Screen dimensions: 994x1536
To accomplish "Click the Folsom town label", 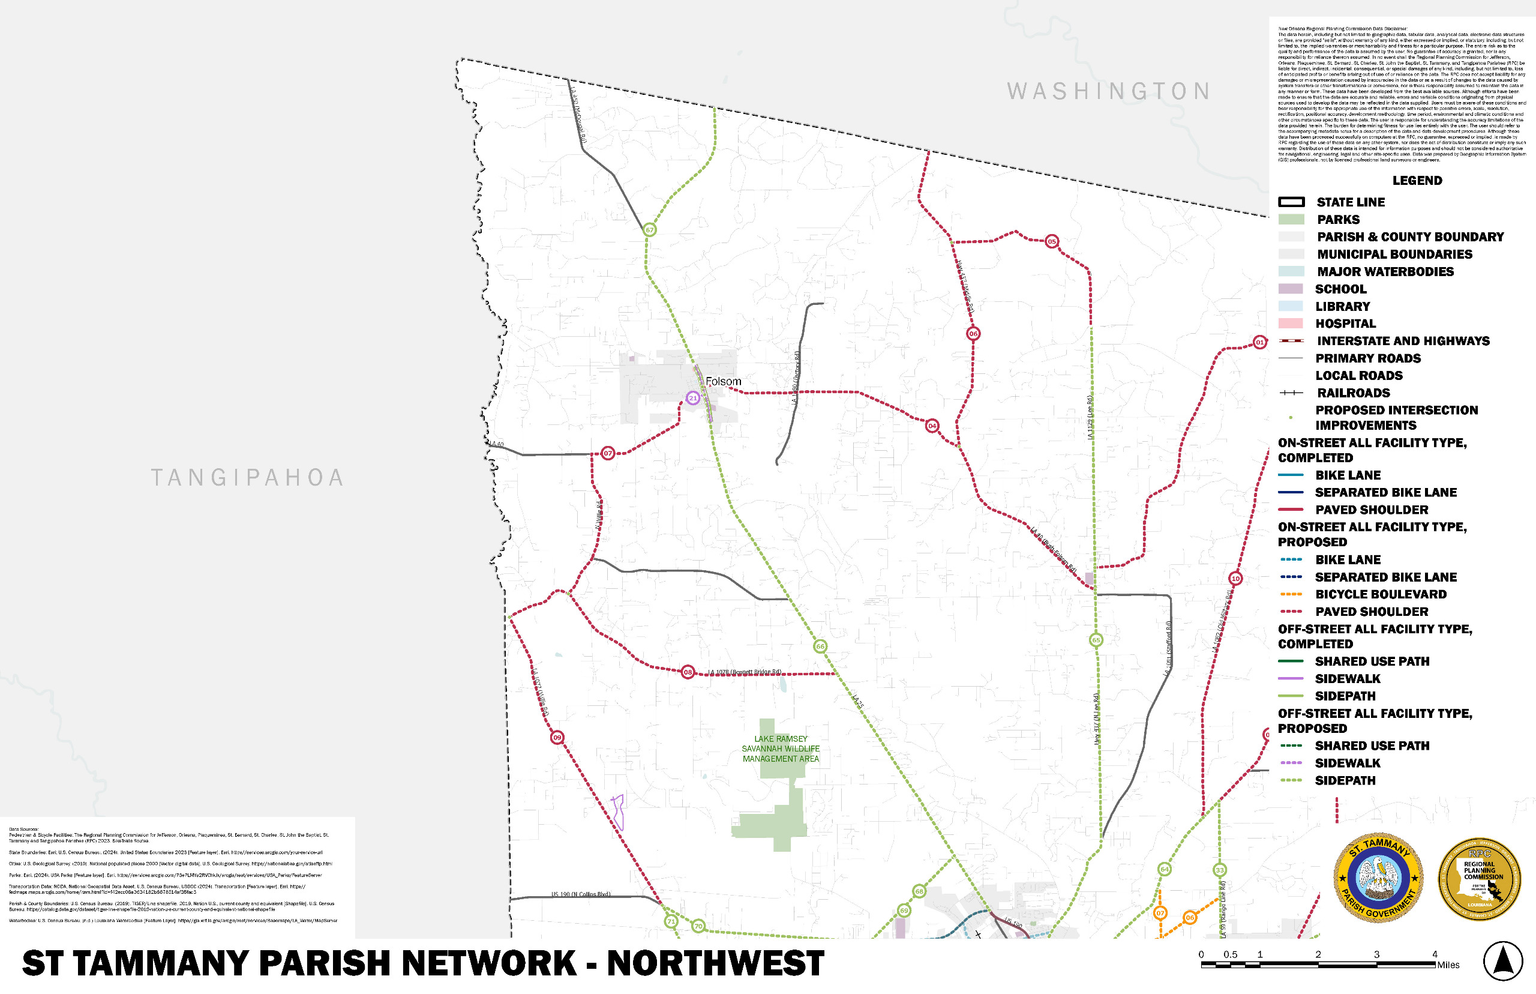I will point(723,382).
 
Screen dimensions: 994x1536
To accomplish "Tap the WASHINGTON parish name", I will point(1108,92).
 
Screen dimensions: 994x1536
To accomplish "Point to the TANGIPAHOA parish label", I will point(248,478).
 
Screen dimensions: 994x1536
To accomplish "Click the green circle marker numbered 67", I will point(650,230).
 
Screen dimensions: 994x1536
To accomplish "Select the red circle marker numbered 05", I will point(1052,241).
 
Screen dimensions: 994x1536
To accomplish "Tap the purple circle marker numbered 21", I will point(693,398).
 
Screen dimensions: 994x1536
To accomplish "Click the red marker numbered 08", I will point(688,672).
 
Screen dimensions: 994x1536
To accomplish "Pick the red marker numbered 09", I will point(557,737).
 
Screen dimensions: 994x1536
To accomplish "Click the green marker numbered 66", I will point(820,646).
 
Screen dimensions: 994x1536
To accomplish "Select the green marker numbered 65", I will point(1096,640).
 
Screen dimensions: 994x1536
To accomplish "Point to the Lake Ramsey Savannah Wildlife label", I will point(781,749).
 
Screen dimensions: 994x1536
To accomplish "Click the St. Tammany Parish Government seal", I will point(1379,877).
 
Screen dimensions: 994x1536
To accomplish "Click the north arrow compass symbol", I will point(1502,961).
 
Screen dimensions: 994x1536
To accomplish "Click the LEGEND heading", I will point(1417,181).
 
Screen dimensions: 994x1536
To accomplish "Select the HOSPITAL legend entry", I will point(1345,324).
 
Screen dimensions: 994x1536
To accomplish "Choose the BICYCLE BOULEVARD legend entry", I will point(1380,594).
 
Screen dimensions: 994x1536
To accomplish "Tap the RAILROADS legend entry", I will point(1353,393).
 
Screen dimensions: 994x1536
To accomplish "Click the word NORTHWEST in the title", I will point(715,963).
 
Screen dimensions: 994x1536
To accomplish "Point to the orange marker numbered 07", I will point(1160,913).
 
